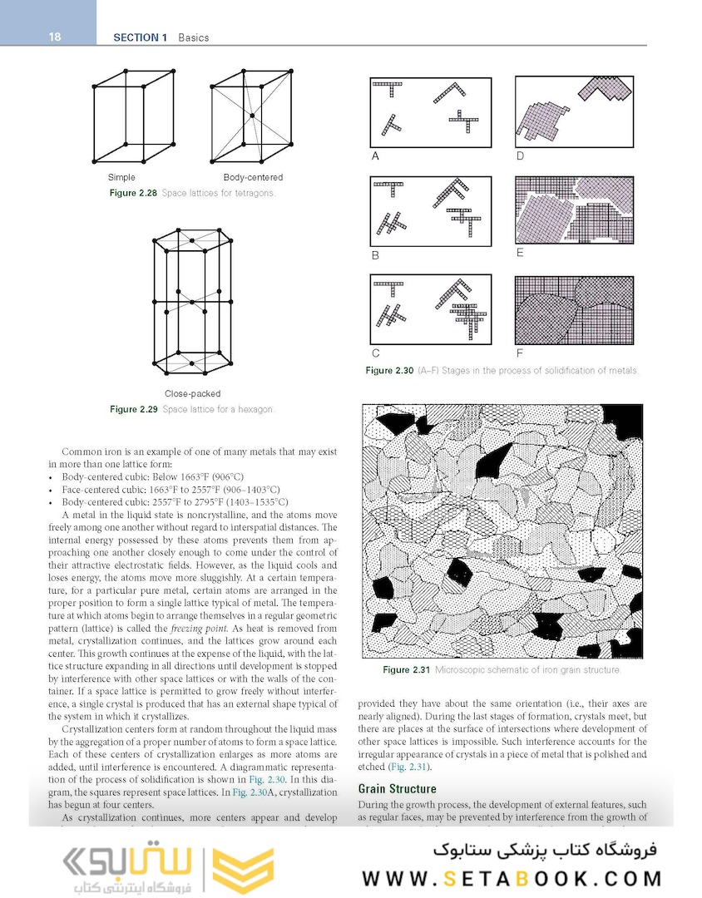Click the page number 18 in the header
pos(54,37)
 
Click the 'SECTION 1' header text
pos(140,37)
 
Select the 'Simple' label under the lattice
pos(121,178)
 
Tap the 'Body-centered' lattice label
pos(253,178)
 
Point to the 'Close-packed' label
pos(193,393)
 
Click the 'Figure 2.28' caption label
pos(134,193)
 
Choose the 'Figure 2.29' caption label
pos(134,409)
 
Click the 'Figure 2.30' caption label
pos(389,371)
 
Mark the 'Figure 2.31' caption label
pos(408,670)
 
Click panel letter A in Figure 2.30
pos(375,156)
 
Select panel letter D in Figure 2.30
pos(520,156)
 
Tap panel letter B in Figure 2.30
pos(375,256)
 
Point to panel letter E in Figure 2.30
pos(520,253)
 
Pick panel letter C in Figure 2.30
pos(376,353)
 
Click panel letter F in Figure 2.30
pos(520,353)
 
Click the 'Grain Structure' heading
pos(397,789)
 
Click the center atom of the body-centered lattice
pos(251,115)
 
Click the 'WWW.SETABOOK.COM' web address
pos(512,879)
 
